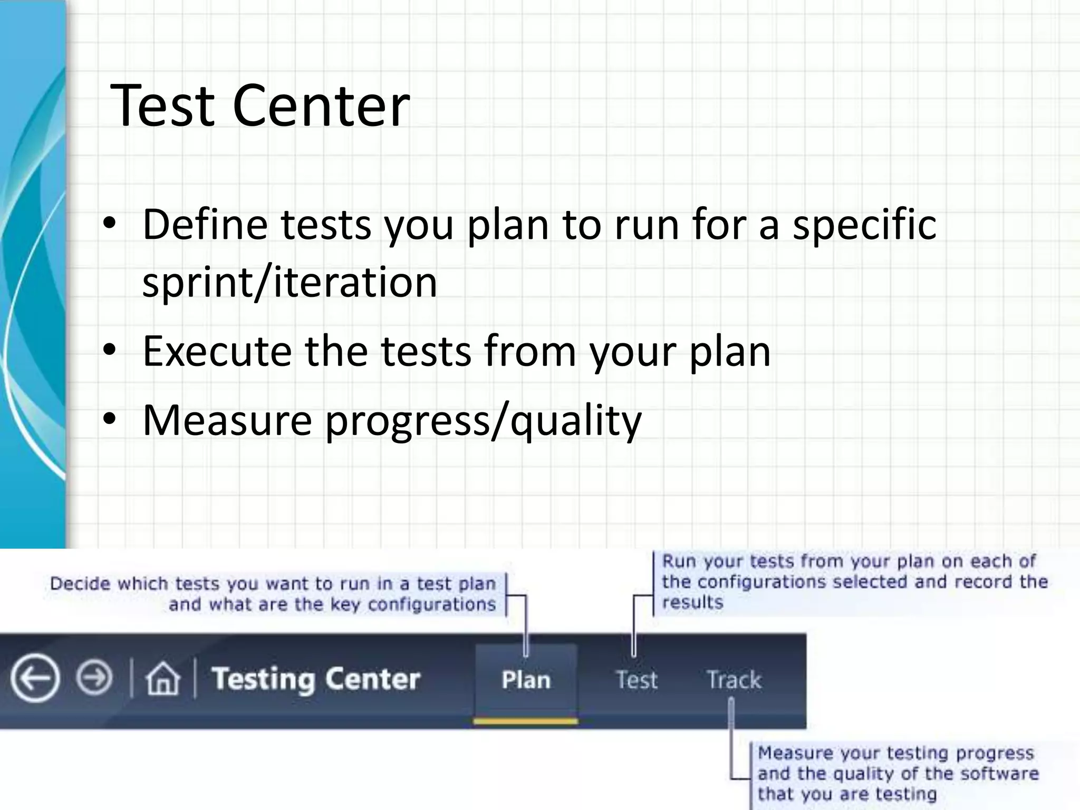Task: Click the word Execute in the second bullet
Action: [217, 351]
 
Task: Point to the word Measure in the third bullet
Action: [227, 420]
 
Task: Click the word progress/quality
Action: [483, 422]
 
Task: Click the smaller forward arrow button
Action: [94, 678]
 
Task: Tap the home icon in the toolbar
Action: [162, 679]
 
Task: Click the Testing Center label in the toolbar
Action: [315, 679]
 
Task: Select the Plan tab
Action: [526, 680]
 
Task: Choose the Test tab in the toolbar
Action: [637, 680]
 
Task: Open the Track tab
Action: [734, 680]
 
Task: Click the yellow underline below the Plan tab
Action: [526, 721]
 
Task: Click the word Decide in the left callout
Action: [79, 584]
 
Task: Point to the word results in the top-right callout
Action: [692, 602]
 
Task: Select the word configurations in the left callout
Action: [431, 604]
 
